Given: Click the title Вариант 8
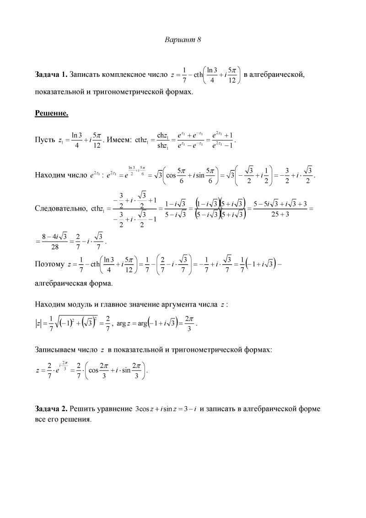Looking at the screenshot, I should point(183,40).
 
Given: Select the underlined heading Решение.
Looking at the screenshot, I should point(51,113).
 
